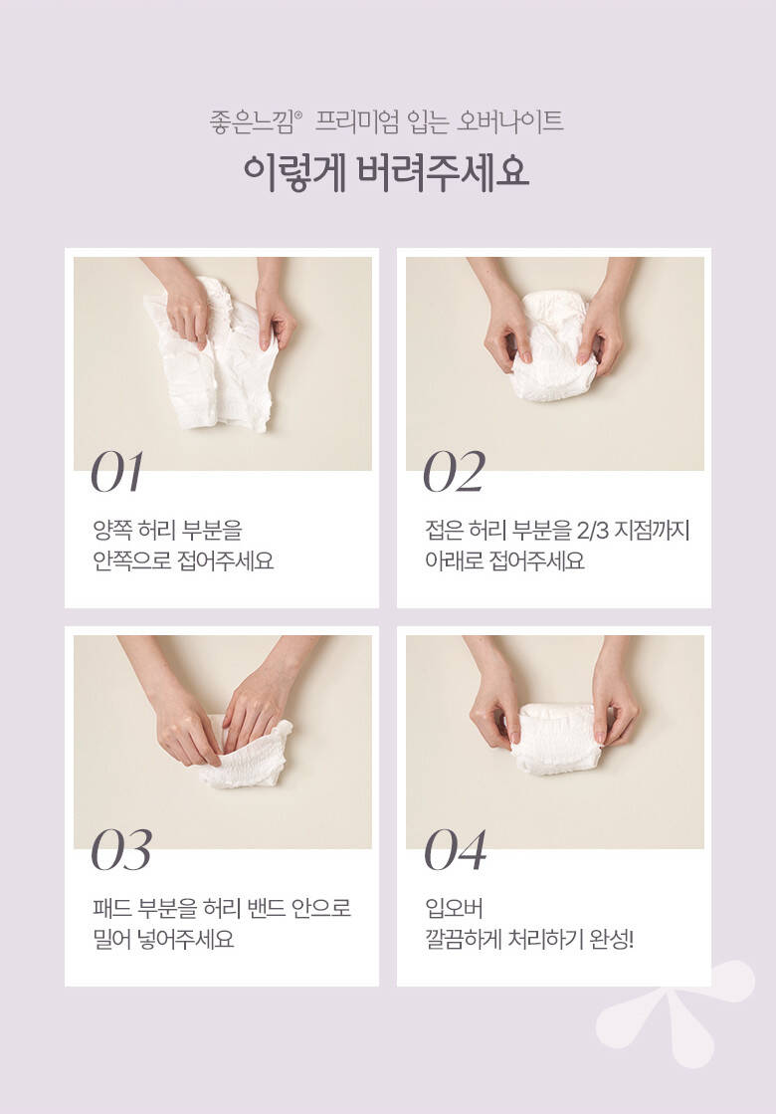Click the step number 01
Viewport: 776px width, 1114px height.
(117, 472)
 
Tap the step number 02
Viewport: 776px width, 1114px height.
(455, 472)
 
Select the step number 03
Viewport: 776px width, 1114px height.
(121, 850)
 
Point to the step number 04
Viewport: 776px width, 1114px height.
(455, 850)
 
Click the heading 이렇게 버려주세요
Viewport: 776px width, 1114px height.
(387, 172)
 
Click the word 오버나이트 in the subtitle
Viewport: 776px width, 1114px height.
(509, 121)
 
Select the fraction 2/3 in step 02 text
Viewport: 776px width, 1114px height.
(592, 530)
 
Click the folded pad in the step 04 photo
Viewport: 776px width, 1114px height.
(557, 739)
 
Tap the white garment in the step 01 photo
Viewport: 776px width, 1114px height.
(213, 355)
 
